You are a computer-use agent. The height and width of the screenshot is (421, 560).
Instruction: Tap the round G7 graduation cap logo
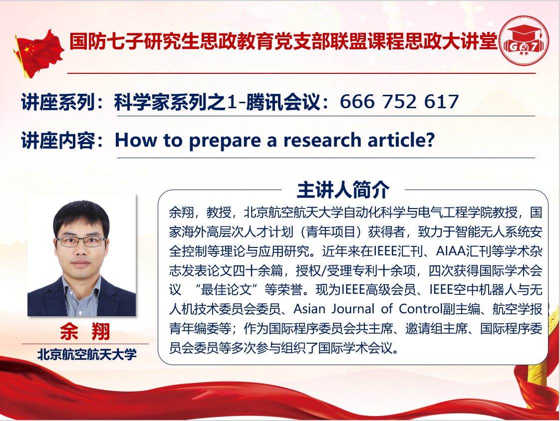pos(523,41)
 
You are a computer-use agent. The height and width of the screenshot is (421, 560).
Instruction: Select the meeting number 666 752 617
pos(399,102)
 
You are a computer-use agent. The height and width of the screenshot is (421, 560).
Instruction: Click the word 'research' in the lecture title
pos(322,140)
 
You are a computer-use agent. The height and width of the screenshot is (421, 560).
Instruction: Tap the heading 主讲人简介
pos(343,190)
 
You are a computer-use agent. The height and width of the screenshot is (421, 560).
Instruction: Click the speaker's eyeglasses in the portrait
pos(81,242)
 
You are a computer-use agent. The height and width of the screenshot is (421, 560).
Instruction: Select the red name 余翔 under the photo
pos(85,331)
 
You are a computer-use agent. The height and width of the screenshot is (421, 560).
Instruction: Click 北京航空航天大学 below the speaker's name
pos(87,354)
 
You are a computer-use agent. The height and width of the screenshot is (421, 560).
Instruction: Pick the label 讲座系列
pos(58,102)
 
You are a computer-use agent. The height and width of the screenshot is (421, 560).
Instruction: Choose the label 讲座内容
pos(58,140)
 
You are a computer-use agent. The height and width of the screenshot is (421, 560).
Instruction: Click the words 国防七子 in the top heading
pos(107,41)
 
